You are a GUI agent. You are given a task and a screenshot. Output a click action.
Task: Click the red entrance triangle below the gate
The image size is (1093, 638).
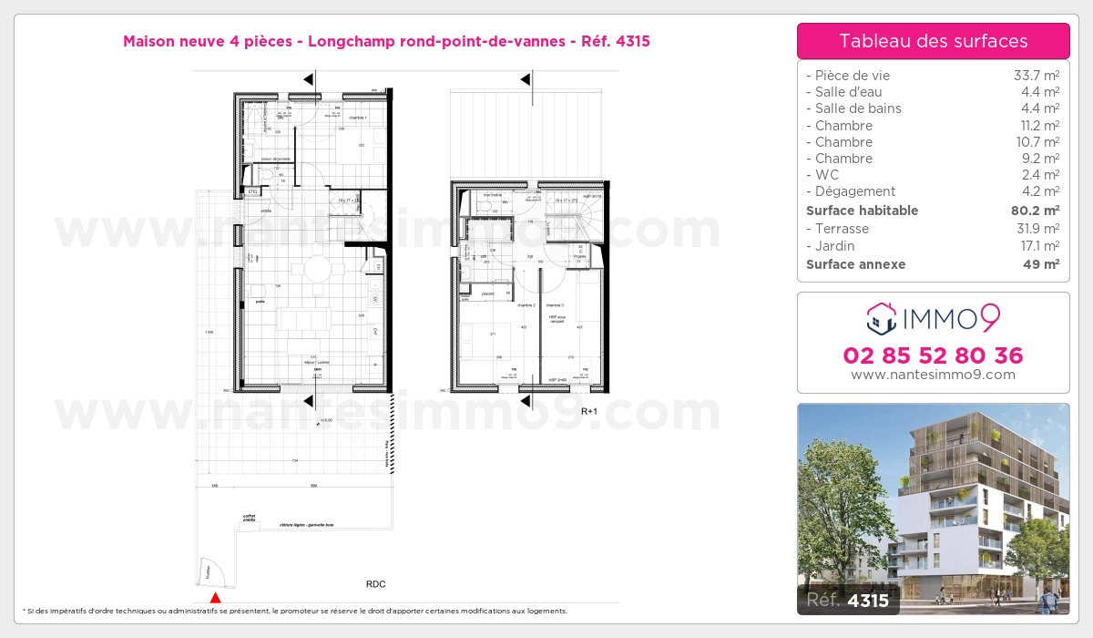pos(215,598)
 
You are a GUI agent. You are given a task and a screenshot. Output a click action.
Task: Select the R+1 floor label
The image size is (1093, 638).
pos(590,411)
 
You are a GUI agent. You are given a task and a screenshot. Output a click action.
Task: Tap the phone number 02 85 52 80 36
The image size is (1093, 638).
pos(933,355)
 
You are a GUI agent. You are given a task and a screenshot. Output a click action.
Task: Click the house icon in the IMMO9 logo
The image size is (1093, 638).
pos(880,319)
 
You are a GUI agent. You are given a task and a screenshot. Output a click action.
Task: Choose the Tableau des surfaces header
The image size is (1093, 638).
pos(933,41)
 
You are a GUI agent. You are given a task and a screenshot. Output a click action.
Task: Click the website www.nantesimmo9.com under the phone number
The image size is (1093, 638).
pos(933,375)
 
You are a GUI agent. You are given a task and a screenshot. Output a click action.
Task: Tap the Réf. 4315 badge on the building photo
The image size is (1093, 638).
pos(848,600)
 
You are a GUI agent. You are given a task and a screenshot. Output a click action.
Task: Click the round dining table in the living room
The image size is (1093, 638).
pos(318,269)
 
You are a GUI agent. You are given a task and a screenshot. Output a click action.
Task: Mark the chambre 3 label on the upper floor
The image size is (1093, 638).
pos(555,305)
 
